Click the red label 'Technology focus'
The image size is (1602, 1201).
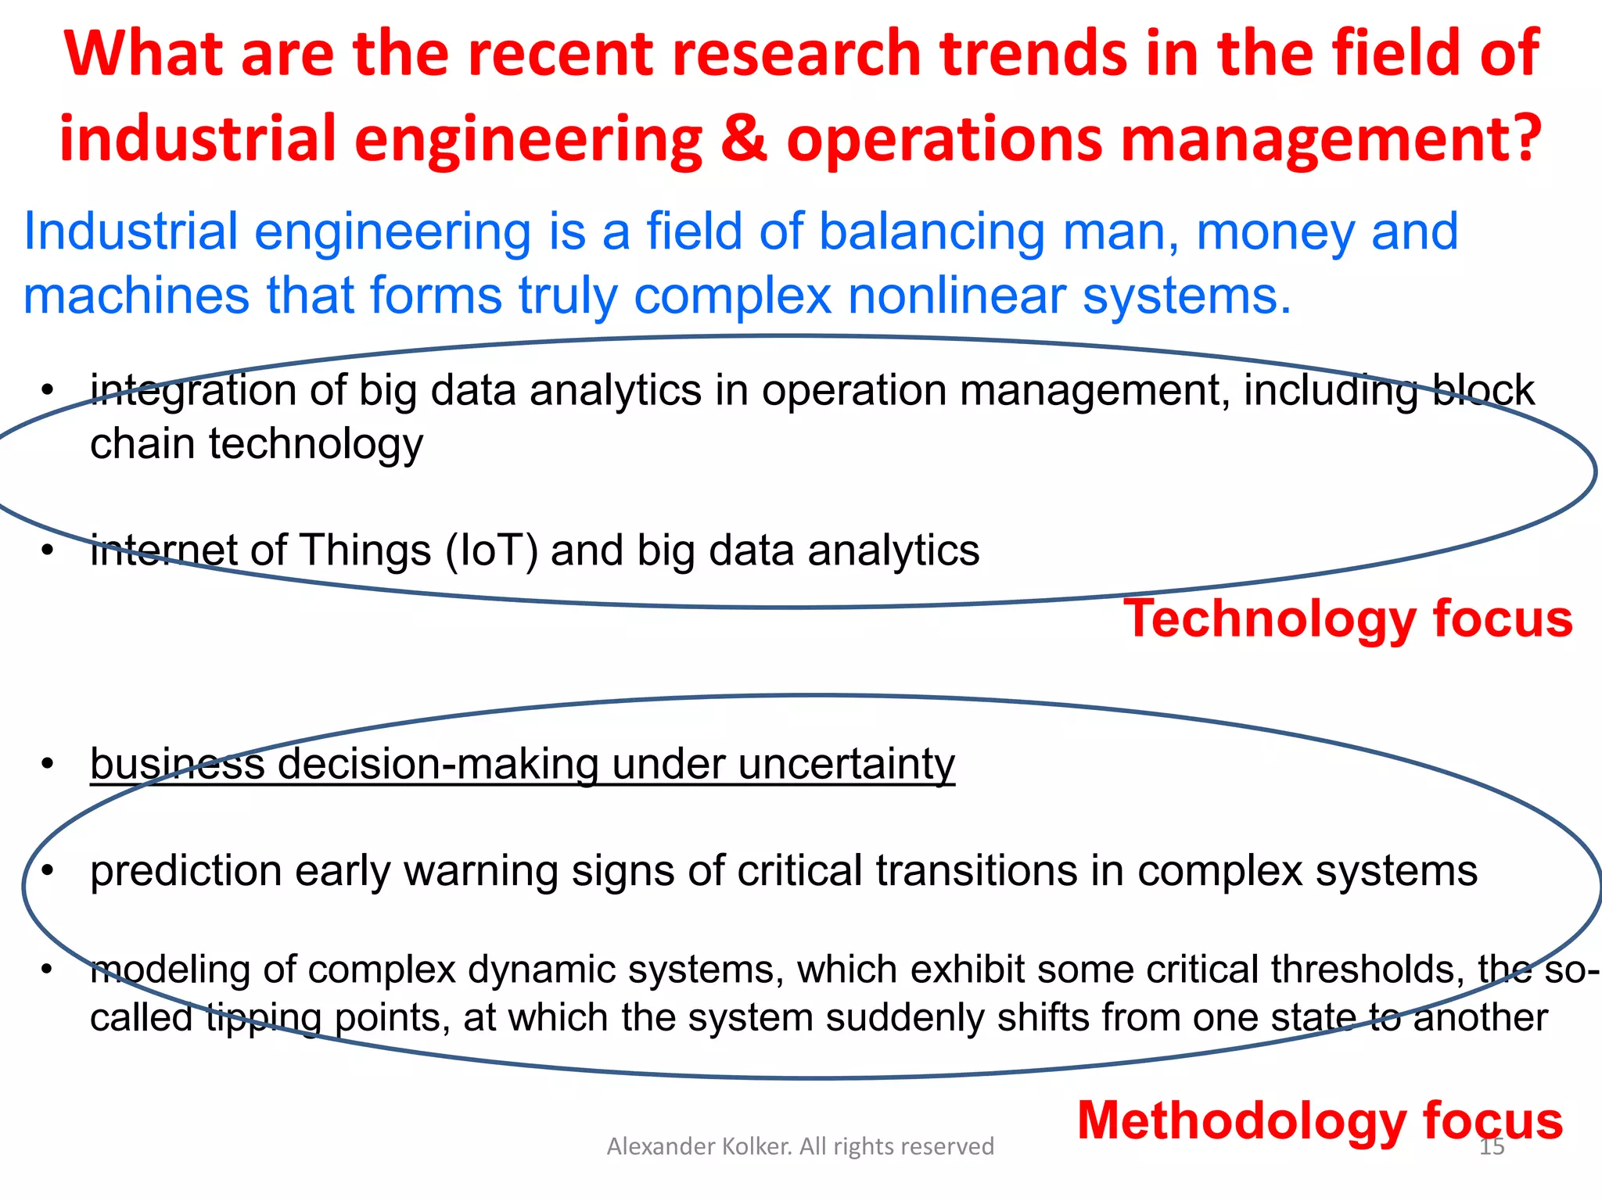[1347, 619]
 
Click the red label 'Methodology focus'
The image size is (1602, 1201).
[1320, 1120]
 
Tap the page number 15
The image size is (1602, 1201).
[1492, 1147]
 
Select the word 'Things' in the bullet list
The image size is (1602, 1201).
[365, 550]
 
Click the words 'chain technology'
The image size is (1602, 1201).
[257, 444]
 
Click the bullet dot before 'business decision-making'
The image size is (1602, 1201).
[48, 764]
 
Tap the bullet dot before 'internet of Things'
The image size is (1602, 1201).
[48, 551]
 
